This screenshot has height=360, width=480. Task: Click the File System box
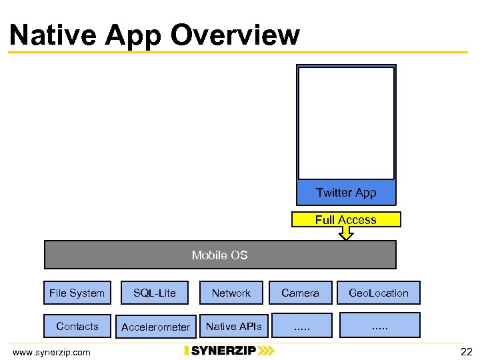77,293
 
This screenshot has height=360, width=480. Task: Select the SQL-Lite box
155,293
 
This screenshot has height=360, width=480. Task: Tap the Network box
231,293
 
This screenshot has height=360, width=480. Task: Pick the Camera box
300,293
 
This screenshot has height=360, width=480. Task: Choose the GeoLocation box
379,293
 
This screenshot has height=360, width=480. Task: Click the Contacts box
77,326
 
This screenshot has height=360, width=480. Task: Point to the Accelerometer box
155,327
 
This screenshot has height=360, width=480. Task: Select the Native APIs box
234,326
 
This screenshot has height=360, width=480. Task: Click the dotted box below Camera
303,325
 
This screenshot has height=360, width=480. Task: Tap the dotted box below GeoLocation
380,325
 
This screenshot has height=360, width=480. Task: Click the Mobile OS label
219,255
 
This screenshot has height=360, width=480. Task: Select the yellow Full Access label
346,219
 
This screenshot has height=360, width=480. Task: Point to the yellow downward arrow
346,233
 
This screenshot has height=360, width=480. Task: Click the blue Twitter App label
346,193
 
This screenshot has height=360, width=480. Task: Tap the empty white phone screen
346,123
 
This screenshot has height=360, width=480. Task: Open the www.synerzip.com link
51,351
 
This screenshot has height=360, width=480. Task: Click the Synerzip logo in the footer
229,351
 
